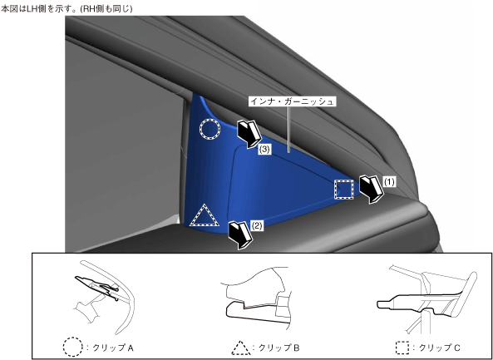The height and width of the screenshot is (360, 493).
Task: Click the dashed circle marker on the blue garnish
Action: (210, 121)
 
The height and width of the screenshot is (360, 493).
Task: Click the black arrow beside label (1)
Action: (372, 190)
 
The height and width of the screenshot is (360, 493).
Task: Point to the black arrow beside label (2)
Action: (240, 235)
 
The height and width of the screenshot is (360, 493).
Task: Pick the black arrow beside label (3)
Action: (249, 134)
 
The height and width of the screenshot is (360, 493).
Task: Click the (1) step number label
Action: (389, 182)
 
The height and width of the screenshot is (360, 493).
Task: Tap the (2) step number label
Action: (257, 226)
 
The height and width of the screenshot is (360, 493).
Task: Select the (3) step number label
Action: (264, 150)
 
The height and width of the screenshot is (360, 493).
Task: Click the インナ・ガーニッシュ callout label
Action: (292, 101)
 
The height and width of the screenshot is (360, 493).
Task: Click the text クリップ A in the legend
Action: (113, 348)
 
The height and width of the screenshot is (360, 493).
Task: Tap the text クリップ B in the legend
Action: (279, 348)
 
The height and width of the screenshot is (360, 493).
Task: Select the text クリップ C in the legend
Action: (440, 348)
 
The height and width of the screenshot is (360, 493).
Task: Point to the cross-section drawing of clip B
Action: (258, 298)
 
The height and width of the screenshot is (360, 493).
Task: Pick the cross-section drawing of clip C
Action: (426, 298)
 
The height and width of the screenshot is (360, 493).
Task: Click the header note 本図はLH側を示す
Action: (40, 9)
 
